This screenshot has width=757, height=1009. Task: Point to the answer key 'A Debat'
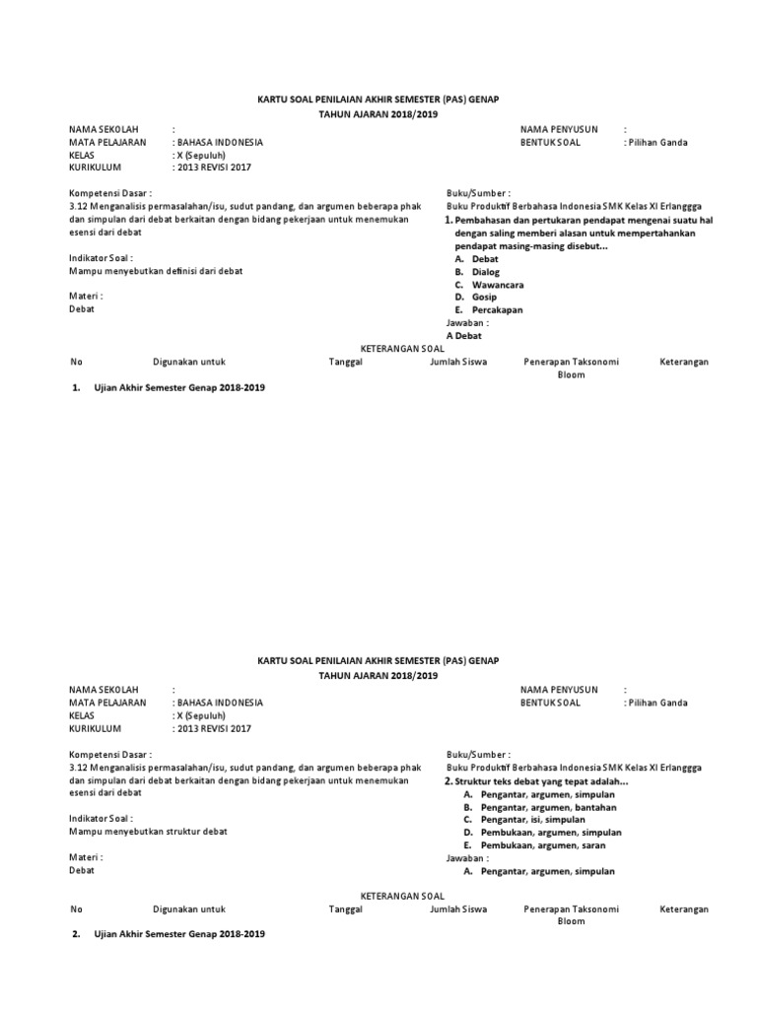pos(464,336)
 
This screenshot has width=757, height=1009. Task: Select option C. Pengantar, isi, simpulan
pos(531,819)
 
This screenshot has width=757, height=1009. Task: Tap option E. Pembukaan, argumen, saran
pos(532,844)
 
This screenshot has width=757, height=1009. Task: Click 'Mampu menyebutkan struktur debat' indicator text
pos(148,831)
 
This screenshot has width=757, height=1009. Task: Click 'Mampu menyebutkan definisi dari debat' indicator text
pos(156,270)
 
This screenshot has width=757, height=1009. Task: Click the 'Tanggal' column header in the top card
pos(346,363)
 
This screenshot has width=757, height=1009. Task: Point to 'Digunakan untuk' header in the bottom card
pos(189,908)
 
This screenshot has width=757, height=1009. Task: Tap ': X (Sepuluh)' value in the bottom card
pos(201,715)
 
